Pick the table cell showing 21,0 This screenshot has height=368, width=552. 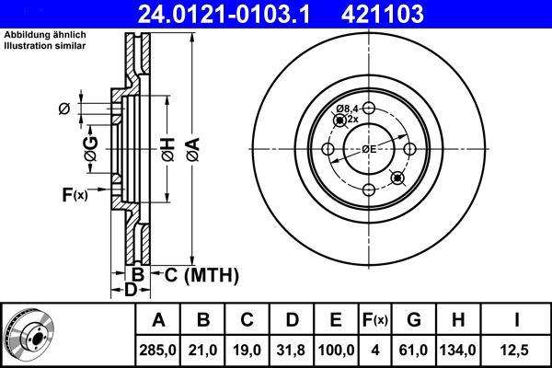click(x=203, y=349)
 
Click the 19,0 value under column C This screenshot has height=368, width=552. click(x=247, y=349)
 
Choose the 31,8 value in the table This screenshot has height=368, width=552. click(x=292, y=349)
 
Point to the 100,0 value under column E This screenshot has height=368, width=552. click(x=336, y=349)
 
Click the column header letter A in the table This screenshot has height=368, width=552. click(x=158, y=320)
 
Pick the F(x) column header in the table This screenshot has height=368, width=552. click(x=374, y=320)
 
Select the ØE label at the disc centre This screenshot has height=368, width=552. click(x=368, y=148)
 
